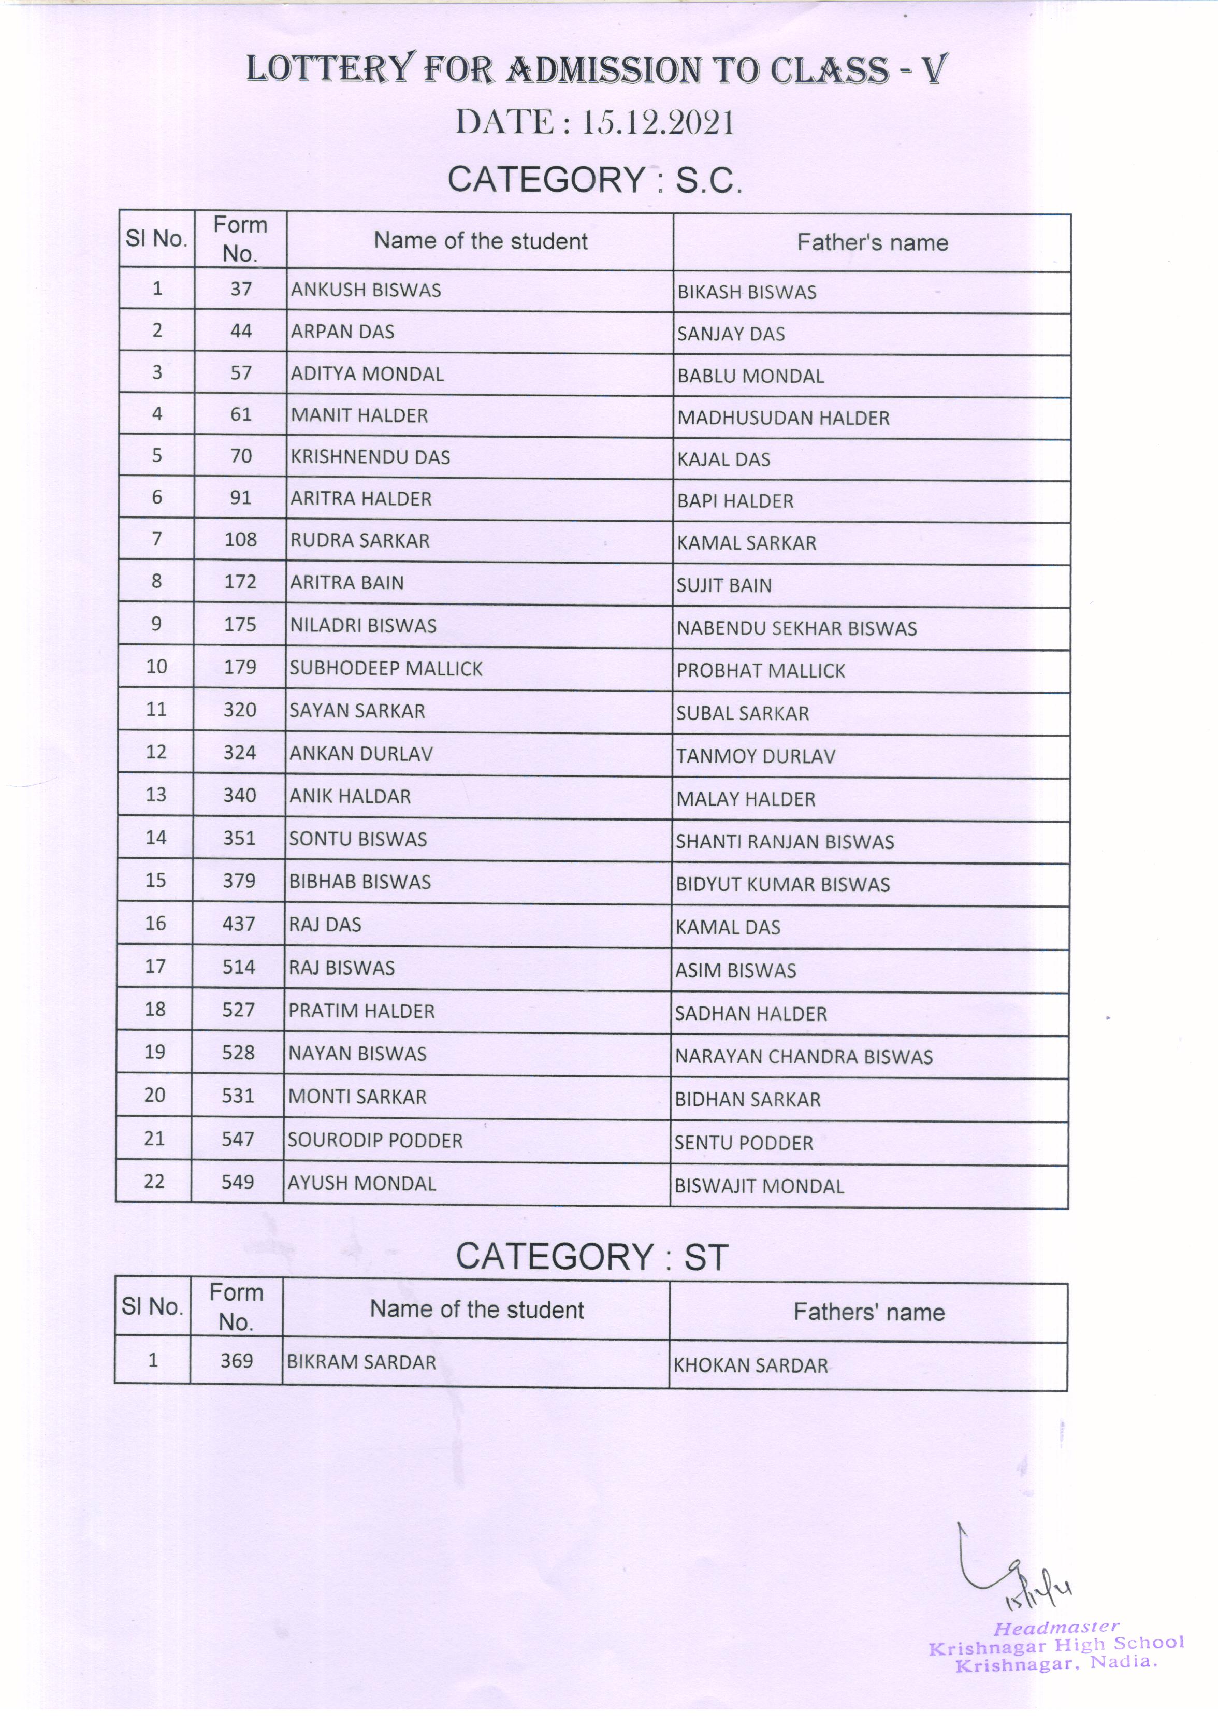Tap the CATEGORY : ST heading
(x=592, y=1257)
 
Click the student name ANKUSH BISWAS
(x=366, y=290)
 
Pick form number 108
(x=240, y=540)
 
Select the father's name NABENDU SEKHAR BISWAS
(x=796, y=628)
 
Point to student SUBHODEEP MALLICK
(x=386, y=668)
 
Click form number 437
(x=239, y=924)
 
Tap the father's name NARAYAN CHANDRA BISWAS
(x=803, y=1057)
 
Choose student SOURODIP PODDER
(x=375, y=1141)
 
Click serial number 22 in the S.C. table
(x=154, y=1182)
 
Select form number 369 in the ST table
(x=236, y=1361)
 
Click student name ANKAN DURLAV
(x=361, y=754)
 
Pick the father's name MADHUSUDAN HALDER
(x=783, y=418)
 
